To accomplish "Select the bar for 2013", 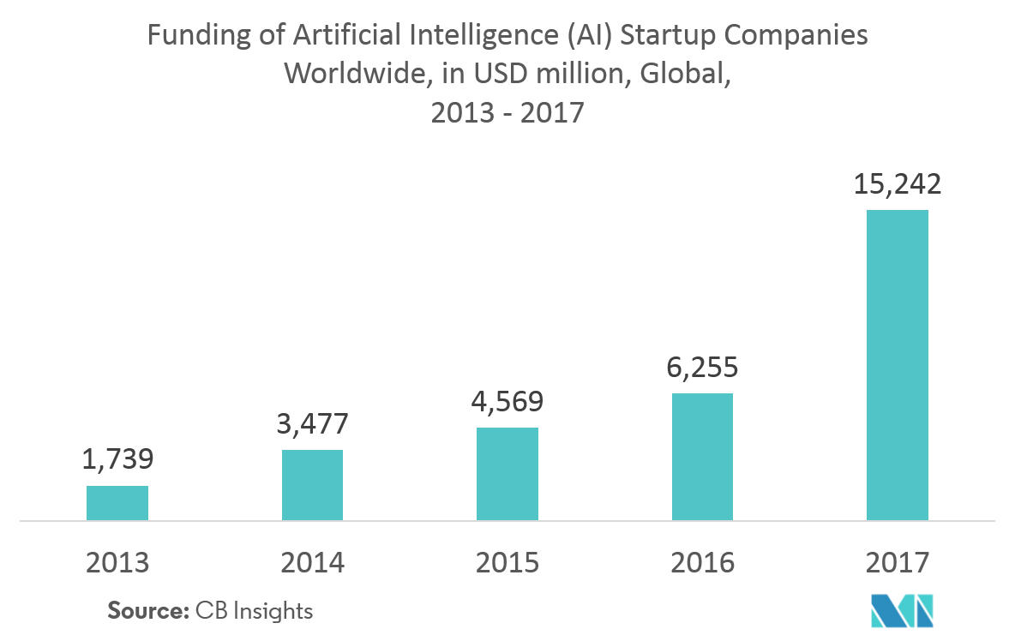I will click(x=117, y=503).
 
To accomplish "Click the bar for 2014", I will click(x=312, y=485).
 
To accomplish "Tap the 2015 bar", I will click(x=507, y=474).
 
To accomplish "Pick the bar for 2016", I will click(x=702, y=457).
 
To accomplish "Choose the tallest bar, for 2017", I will click(x=898, y=365).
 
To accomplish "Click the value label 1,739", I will click(x=117, y=459).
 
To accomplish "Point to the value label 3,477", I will click(x=312, y=423).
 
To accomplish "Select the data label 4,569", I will click(x=507, y=401).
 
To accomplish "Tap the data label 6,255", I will click(x=702, y=367).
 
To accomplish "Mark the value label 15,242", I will click(x=898, y=183).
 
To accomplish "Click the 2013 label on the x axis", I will click(x=117, y=563).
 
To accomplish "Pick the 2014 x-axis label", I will click(x=312, y=563).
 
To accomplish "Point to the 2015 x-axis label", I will click(x=507, y=563).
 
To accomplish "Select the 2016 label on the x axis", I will click(x=702, y=563).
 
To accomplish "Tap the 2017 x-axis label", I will click(x=898, y=563).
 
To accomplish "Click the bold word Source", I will click(x=147, y=611).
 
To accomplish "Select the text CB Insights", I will click(x=254, y=611).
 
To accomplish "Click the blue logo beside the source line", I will click(x=901, y=610).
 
